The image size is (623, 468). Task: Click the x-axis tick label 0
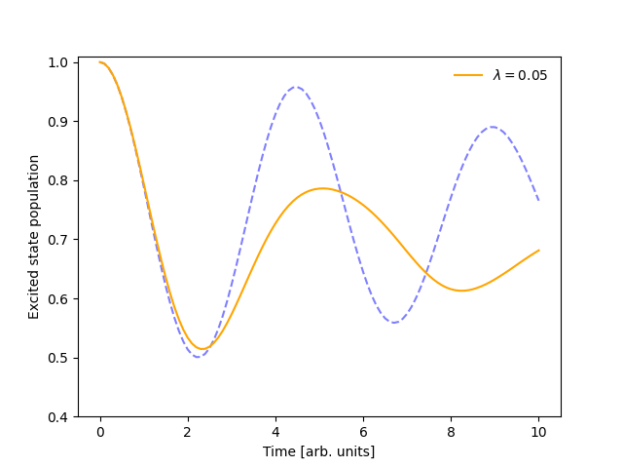pyautogui.click(x=100, y=432)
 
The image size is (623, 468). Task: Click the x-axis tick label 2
pyautogui.click(x=188, y=432)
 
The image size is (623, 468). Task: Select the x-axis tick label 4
pyautogui.click(x=275, y=432)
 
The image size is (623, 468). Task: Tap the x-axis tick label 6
pyautogui.click(x=363, y=432)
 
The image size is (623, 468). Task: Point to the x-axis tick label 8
pyautogui.click(x=451, y=432)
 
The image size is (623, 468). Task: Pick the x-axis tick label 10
pyautogui.click(x=538, y=432)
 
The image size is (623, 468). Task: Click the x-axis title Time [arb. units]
pyautogui.click(x=318, y=451)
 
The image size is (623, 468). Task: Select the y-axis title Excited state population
pyautogui.click(x=34, y=237)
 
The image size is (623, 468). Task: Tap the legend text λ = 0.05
pyautogui.click(x=520, y=75)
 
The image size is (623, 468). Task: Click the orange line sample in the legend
pyautogui.click(x=468, y=75)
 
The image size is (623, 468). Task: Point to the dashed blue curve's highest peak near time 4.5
pyautogui.click(x=297, y=88)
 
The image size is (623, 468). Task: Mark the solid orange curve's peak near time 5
pyautogui.click(x=322, y=188)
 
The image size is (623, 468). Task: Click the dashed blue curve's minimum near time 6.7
pyautogui.click(x=393, y=322)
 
